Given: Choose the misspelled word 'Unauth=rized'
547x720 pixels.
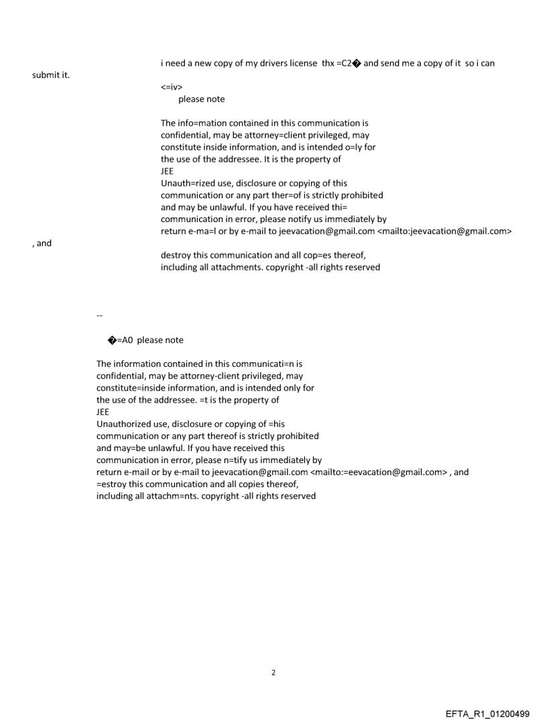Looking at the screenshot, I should click(x=188, y=183).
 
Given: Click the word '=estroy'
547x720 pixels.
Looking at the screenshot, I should click(x=113, y=484).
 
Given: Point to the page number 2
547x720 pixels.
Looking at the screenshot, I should click(x=273, y=672).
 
